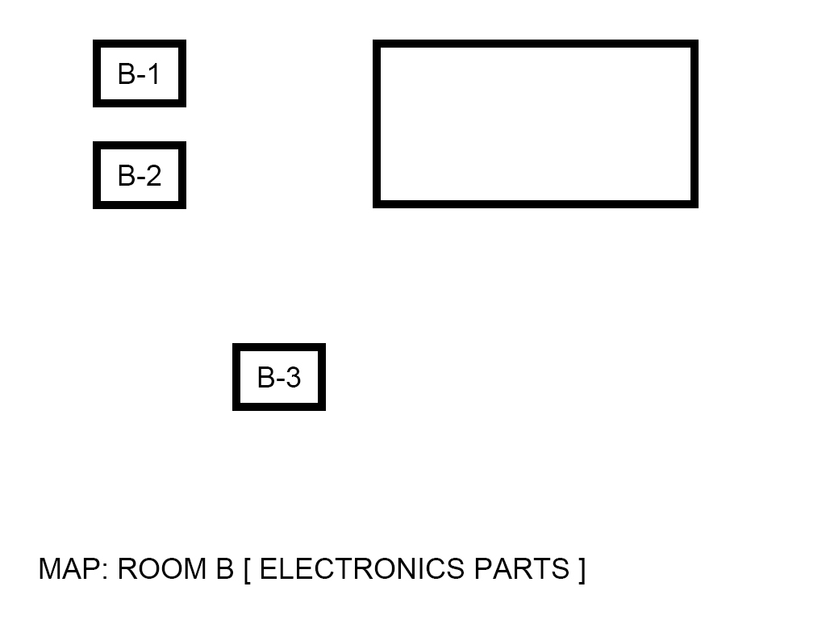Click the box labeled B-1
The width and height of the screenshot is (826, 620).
[140, 73]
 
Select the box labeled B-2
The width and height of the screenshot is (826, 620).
[140, 175]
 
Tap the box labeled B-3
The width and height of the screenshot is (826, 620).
[279, 377]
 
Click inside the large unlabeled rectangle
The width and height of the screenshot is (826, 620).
[535, 124]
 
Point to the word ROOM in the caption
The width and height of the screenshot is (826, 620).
[161, 569]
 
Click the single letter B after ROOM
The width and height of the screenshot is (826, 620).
[224, 569]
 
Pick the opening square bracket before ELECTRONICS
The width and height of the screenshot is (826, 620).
[248, 570]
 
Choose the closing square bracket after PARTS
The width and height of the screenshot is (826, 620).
[582, 570]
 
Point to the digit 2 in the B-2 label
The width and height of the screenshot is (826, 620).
[152, 175]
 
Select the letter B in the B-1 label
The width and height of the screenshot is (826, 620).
[127, 73]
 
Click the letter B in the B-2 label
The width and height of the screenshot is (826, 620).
[127, 175]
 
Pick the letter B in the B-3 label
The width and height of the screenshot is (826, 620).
[266, 377]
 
